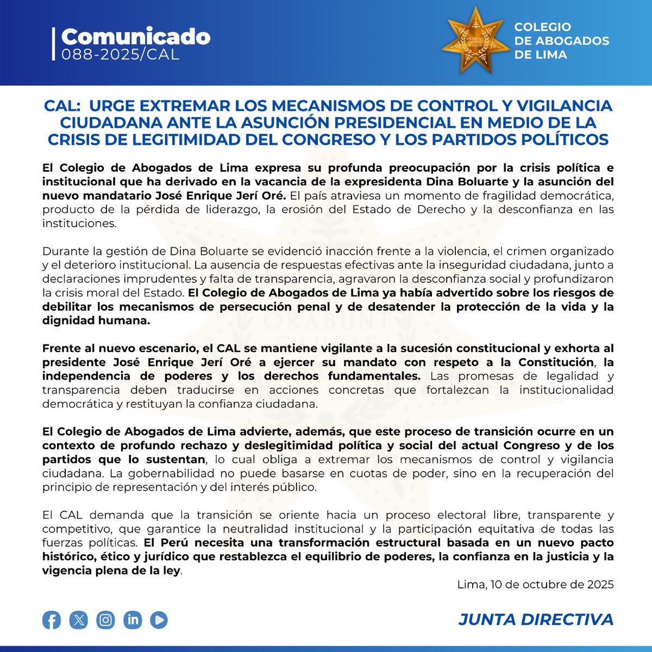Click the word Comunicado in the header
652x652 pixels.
(135, 37)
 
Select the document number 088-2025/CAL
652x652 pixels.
(120, 54)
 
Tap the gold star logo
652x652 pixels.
(472, 41)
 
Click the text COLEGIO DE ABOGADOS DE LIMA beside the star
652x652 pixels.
(561, 41)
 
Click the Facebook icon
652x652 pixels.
(52, 620)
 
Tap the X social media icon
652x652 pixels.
(79, 620)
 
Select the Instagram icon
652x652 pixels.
(105, 620)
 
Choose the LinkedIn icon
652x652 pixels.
(132, 620)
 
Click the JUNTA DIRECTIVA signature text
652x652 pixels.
(536, 619)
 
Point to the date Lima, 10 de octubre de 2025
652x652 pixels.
(535, 585)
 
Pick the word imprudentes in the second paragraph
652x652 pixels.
(159, 279)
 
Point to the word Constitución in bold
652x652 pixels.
(555, 362)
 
